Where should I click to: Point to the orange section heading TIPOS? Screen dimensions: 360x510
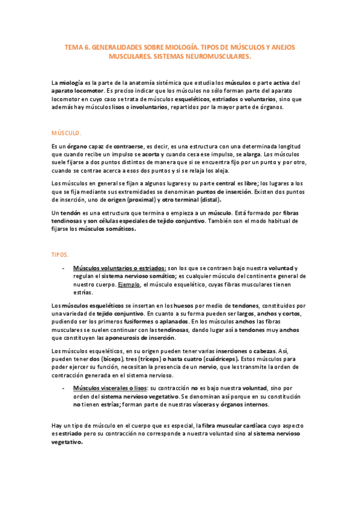point(61,254)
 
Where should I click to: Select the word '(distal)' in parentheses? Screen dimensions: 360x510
point(211,199)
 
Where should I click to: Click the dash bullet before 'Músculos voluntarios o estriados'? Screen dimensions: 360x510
point(63,268)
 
